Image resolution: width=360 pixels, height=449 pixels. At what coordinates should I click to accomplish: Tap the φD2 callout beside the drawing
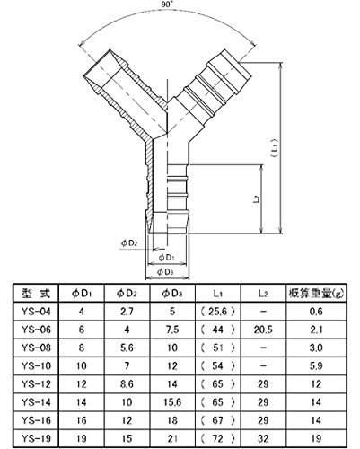tap(129, 242)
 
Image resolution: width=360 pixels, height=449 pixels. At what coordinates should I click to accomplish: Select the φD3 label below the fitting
tap(165, 272)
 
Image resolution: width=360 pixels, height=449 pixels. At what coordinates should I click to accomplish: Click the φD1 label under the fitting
tap(166, 257)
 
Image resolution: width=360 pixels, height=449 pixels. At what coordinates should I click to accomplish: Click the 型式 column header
tap(36, 293)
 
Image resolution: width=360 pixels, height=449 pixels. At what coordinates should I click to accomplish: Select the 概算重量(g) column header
tap(316, 294)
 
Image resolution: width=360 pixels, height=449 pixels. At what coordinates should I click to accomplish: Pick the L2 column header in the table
tap(263, 294)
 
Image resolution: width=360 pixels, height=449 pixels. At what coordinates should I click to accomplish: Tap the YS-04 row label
tap(36, 312)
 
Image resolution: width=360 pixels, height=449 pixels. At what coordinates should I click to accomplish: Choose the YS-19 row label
tap(36, 438)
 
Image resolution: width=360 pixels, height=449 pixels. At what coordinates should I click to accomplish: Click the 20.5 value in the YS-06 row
tap(263, 330)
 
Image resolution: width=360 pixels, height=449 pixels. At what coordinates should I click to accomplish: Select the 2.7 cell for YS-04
tap(127, 312)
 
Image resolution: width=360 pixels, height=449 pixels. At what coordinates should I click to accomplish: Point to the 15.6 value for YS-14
tap(172, 402)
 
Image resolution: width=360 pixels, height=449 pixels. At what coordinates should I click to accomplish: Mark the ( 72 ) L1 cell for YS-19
tap(217, 438)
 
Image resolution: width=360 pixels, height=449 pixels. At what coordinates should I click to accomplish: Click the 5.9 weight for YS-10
tap(316, 365)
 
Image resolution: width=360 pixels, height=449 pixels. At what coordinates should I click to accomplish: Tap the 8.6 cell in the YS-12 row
tap(127, 384)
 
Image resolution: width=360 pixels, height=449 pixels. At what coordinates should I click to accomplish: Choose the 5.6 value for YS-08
tap(127, 348)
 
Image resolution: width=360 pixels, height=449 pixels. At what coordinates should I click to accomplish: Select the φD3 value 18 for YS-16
tap(172, 420)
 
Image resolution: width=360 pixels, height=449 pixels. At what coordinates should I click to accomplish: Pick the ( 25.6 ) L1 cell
tap(217, 312)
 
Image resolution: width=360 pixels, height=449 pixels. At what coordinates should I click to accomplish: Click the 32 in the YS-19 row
tap(263, 438)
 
